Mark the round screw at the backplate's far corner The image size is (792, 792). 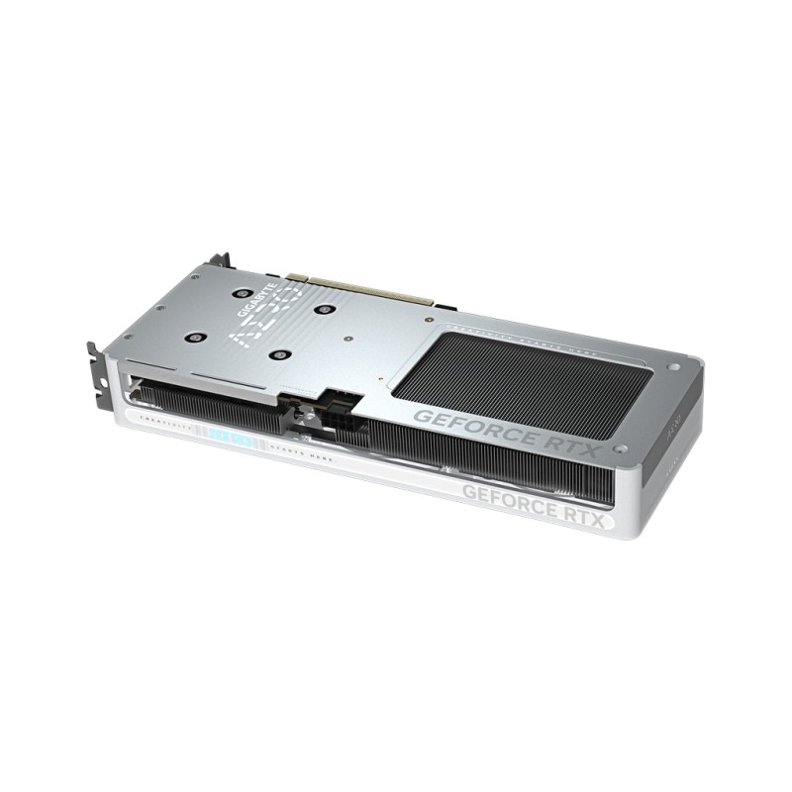674,367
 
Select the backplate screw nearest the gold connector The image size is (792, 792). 322,308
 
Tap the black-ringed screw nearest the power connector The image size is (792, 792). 282,354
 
